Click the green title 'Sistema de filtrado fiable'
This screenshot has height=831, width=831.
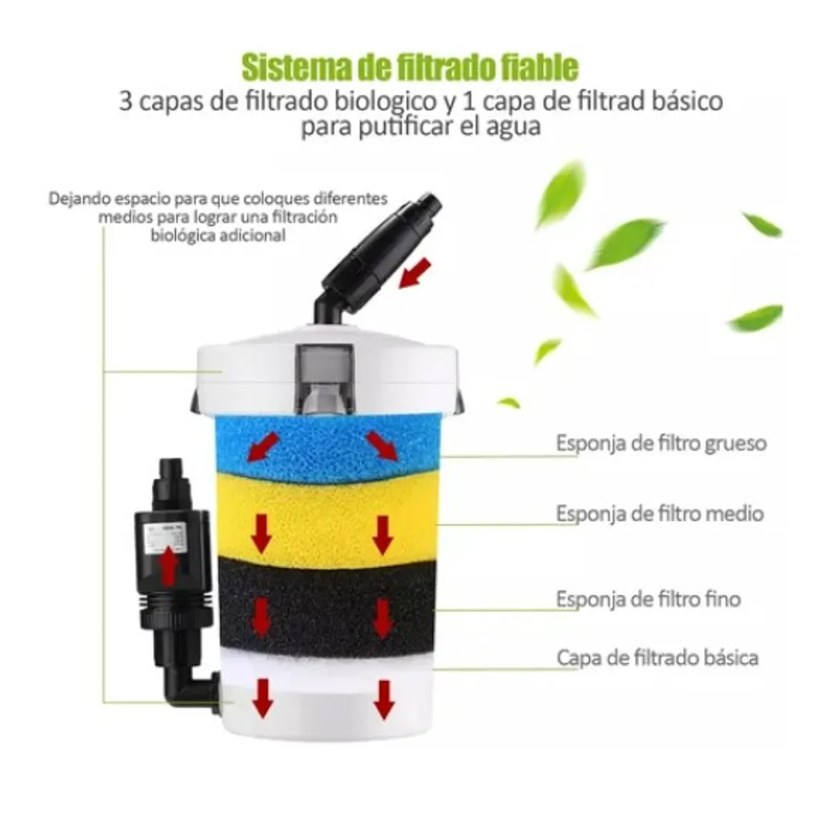coord(409,68)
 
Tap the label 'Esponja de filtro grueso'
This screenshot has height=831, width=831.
coord(661,443)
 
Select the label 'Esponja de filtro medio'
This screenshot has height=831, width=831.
coord(659,514)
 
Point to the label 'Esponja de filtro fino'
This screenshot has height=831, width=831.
coord(647,599)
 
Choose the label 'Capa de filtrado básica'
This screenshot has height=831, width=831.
coord(656,657)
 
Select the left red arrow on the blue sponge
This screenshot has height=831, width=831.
coord(263,447)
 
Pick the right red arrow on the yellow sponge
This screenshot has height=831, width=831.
coord(383,535)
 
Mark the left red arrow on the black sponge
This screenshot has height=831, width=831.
coord(261,616)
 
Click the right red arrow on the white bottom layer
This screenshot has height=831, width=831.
coord(383,698)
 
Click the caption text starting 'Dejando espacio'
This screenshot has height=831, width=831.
coord(218,217)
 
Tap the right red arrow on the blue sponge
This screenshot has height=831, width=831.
coord(382,447)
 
